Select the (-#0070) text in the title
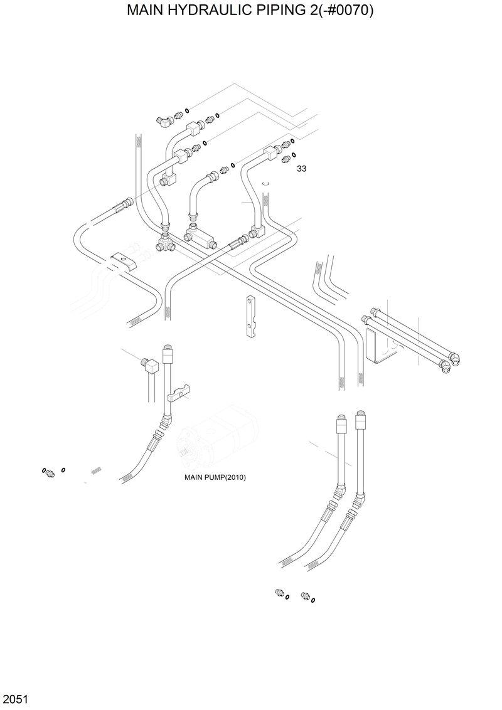pyautogui.click(x=348, y=11)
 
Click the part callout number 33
pyautogui.click(x=301, y=169)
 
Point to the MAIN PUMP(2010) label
pyautogui.click(x=215, y=477)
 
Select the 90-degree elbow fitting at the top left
pyautogui.click(x=164, y=120)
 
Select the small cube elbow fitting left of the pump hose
pyautogui.click(x=150, y=364)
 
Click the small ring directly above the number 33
pyautogui.click(x=294, y=154)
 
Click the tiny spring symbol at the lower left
pyautogui.click(x=95, y=470)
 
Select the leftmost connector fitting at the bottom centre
pyautogui.click(x=279, y=593)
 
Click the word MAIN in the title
pyautogui.click(x=149, y=11)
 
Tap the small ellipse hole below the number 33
pyautogui.click(x=265, y=183)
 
